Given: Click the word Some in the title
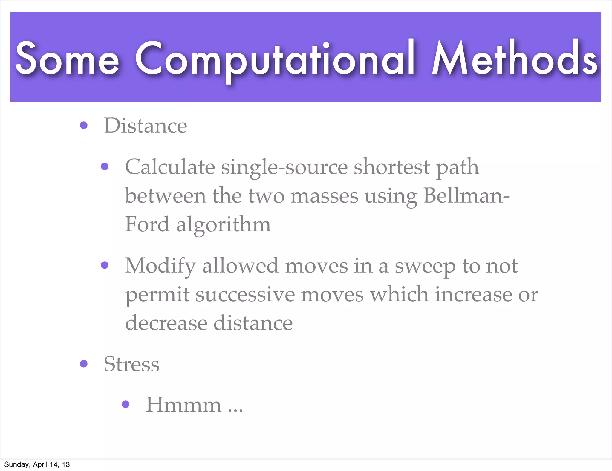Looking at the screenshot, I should pyautogui.click(x=67, y=58).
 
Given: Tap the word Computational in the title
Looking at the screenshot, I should pyautogui.click(x=275, y=58).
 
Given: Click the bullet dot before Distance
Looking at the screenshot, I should pyautogui.click(x=84, y=125).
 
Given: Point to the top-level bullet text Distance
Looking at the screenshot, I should pyautogui.click(x=145, y=126).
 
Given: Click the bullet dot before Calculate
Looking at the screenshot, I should pyautogui.click(x=105, y=166).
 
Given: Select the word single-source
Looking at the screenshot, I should pyautogui.click(x=284, y=167).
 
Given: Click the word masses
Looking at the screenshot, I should pyautogui.click(x=324, y=196).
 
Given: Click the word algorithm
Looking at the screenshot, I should pyautogui.click(x=224, y=225).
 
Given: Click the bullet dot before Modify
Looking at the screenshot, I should pyautogui.click(x=105, y=265).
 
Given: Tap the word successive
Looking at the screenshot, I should pyautogui.click(x=245, y=295).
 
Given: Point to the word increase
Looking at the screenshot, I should pyautogui.click(x=473, y=294).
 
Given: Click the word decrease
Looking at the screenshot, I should pyautogui.click(x=166, y=323).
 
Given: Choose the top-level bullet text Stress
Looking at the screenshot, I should pyautogui.click(x=131, y=364).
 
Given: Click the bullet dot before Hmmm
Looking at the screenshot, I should pyautogui.click(x=126, y=404).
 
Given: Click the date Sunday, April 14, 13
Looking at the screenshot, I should pyautogui.click(x=37, y=464).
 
